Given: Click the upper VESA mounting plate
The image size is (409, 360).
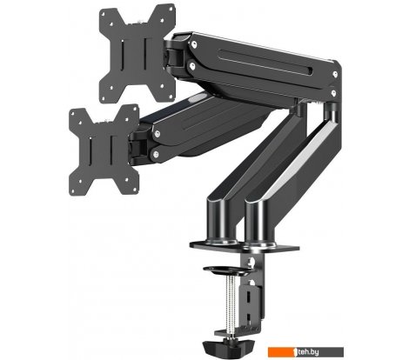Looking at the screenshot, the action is pyautogui.click(x=137, y=54).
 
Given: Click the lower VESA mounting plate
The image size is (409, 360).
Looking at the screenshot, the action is pyautogui.click(x=104, y=150).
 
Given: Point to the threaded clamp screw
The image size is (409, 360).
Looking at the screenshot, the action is pyautogui.click(x=231, y=304).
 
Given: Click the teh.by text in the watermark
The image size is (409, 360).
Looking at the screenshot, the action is pyautogui.click(x=309, y=352).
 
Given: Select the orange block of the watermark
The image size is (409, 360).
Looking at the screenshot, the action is pyautogui.click(x=281, y=352).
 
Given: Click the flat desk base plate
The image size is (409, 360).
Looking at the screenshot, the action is pyautogui.click(x=245, y=247).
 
